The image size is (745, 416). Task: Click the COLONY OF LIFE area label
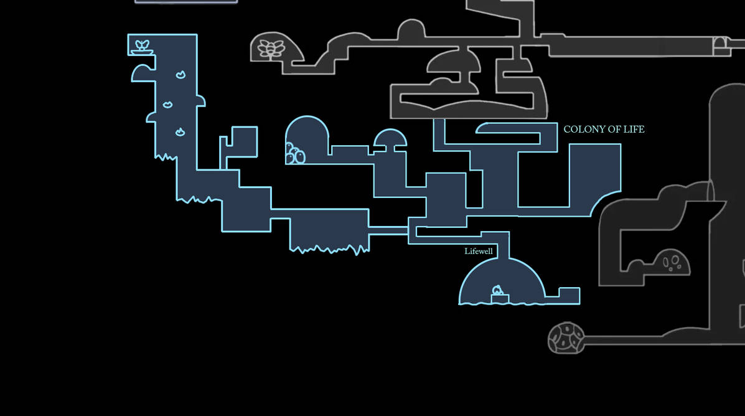(604, 130)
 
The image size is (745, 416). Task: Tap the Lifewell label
(479, 251)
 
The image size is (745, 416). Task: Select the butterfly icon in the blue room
(141, 45)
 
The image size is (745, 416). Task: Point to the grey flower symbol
(271, 49)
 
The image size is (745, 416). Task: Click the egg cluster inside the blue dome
(294, 154)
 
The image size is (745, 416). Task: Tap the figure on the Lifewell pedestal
(497, 290)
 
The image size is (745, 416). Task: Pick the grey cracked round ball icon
(566, 338)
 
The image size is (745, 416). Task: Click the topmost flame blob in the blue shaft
(180, 75)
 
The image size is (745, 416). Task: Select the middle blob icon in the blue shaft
(167, 105)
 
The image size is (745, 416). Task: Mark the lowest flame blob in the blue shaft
(180, 132)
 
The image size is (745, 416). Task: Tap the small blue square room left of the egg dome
(244, 141)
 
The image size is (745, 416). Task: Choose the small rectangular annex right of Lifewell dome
(569, 295)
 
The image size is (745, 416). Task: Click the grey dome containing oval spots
(671, 262)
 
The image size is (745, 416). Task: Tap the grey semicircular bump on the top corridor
(411, 29)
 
